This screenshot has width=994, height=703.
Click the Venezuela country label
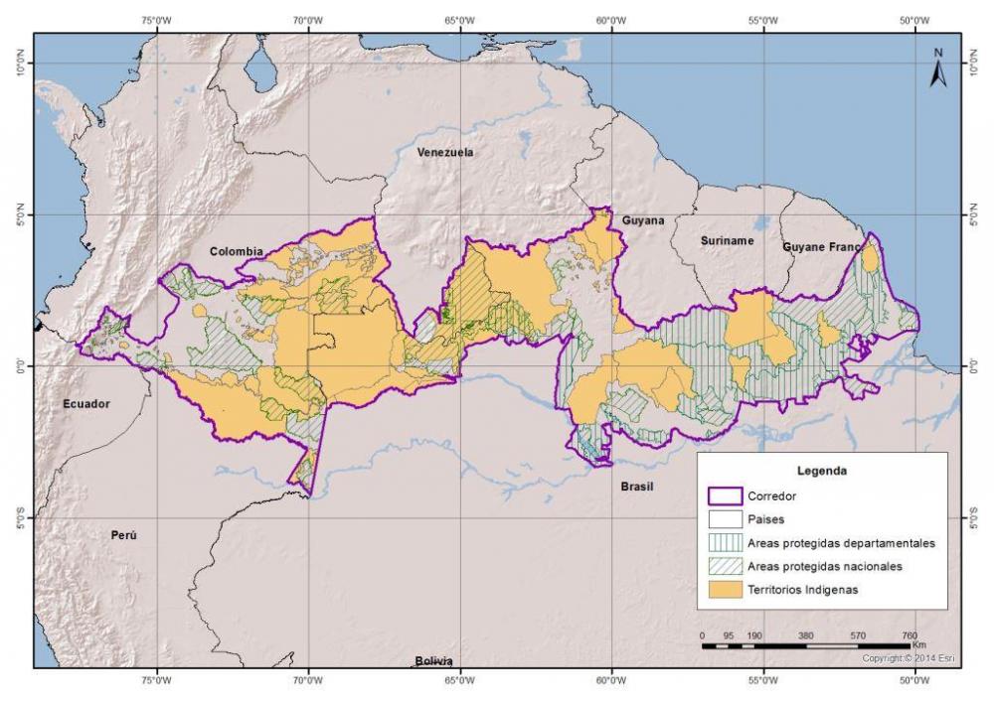[x=444, y=152]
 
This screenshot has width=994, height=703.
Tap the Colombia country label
[x=236, y=251]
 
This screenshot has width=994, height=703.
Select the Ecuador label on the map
[x=85, y=404]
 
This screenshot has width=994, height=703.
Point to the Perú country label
[x=123, y=534]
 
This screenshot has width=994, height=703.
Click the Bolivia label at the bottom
[x=433, y=661]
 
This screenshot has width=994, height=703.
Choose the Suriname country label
[x=728, y=240]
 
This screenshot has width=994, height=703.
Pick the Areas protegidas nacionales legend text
[x=824, y=566]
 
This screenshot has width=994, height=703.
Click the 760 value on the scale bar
[x=909, y=635]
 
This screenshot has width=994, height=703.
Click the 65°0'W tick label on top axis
[x=460, y=19]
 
